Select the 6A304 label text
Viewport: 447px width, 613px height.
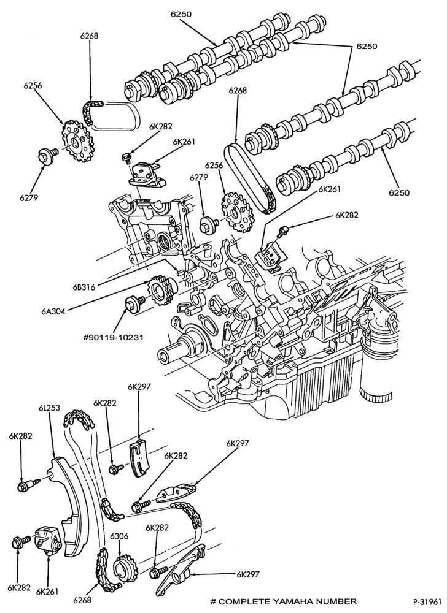53,311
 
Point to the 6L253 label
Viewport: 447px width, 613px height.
49,408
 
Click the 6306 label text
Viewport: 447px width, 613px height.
119,536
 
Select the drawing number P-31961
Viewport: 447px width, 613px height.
427,602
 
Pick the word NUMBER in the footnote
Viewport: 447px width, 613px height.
340,601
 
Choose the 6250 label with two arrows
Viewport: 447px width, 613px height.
367,46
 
